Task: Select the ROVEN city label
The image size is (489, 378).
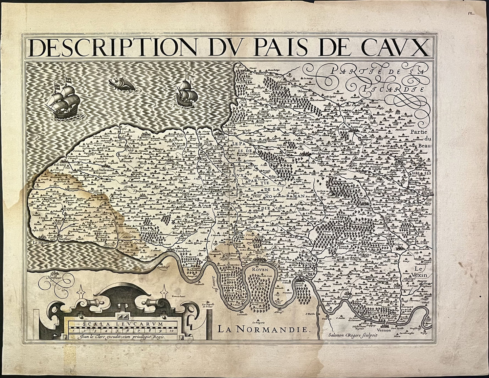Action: [260, 270]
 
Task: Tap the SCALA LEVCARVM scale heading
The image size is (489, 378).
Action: [123, 323]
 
